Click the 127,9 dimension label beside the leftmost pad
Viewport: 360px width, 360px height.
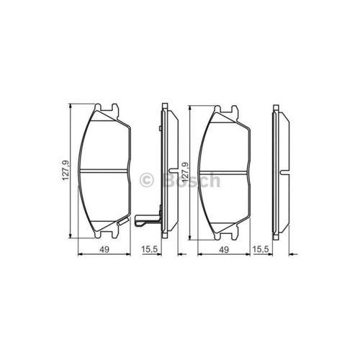[66, 171]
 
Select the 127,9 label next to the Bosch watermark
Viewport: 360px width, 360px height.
[185, 172]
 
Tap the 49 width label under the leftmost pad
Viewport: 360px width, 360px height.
[104, 250]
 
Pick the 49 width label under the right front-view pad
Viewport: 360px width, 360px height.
[224, 250]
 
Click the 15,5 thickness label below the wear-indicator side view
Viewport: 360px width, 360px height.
[149, 250]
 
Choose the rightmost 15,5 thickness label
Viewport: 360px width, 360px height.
[260, 250]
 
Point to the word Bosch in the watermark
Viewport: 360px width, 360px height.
[192, 180]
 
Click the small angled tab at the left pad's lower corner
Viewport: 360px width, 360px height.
[123, 221]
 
